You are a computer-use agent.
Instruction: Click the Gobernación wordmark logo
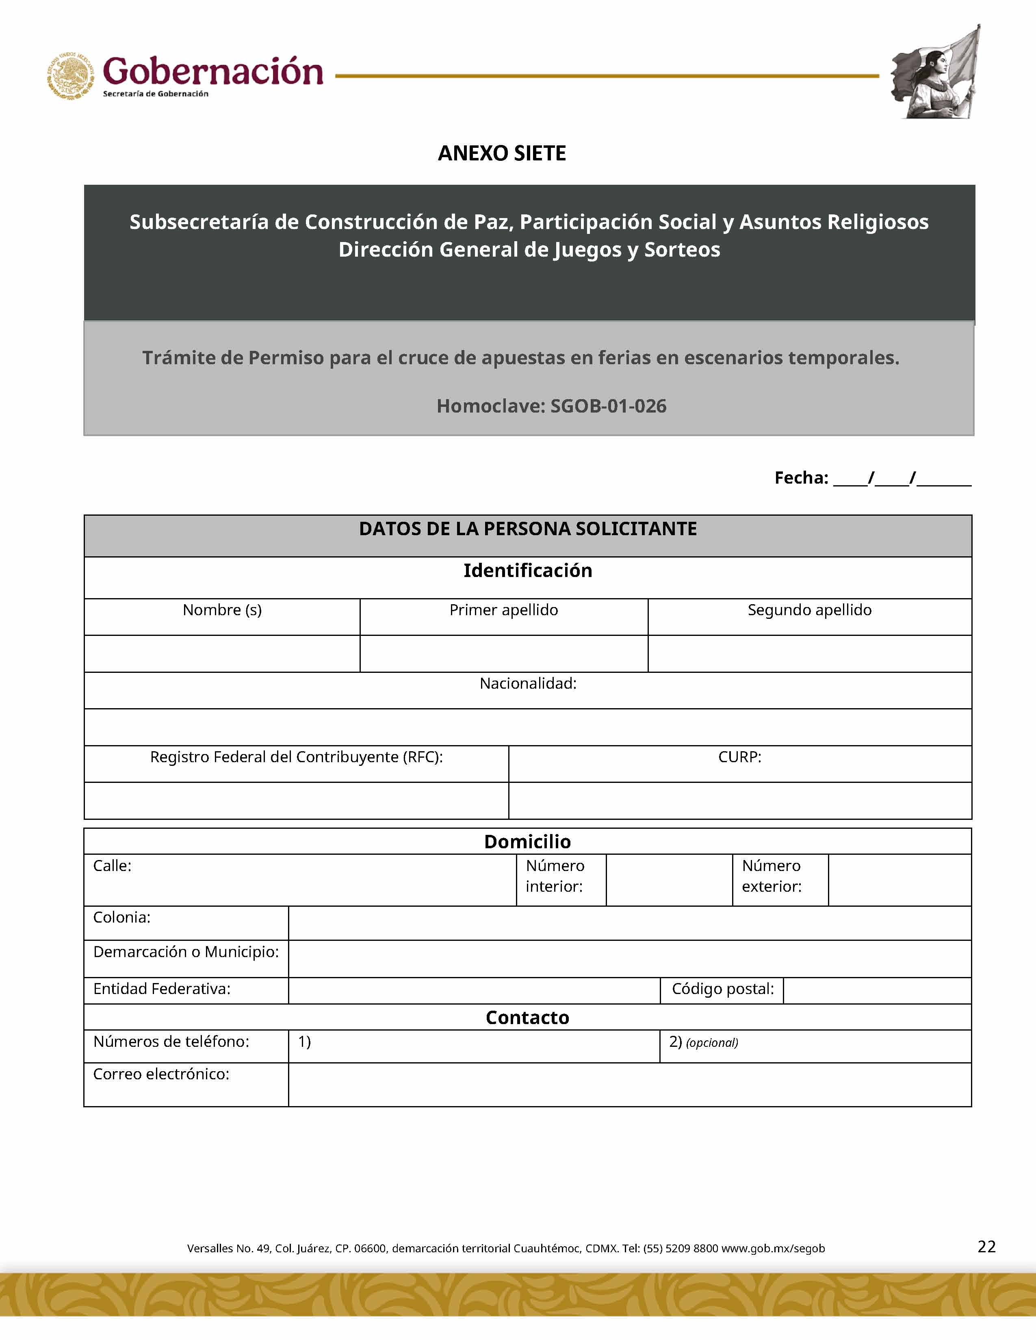click(x=212, y=72)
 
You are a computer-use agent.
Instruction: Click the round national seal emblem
click(x=71, y=76)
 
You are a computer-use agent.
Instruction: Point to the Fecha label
click(x=801, y=478)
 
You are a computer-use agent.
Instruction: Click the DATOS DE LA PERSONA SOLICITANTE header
click(x=528, y=529)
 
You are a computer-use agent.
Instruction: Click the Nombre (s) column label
click(x=222, y=610)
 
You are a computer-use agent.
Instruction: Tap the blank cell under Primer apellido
click(x=503, y=654)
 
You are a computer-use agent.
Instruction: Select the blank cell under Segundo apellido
click(x=810, y=654)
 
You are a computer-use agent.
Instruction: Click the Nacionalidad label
click(x=528, y=683)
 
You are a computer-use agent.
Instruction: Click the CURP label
click(x=739, y=757)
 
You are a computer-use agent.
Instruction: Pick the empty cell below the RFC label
click(x=297, y=801)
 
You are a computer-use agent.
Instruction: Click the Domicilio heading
click(x=527, y=842)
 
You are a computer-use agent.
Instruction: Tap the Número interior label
click(x=555, y=876)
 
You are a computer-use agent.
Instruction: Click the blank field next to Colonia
click(x=630, y=923)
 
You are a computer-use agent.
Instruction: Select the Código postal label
click(x=722, y=989)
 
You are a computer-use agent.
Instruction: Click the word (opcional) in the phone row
click(x=712, y=1043)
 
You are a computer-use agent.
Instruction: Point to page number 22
click(x=986, y=1247)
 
